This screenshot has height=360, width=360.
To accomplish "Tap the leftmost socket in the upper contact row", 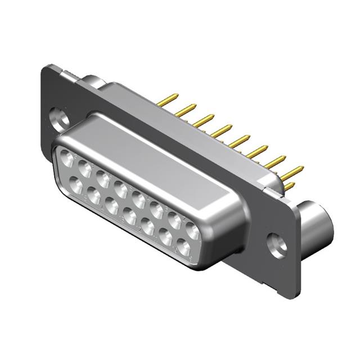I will click(x=67, y=159).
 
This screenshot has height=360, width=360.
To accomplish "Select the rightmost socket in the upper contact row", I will click(x=192, y=230).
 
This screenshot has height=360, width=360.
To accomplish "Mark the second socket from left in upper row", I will click(x=85, y=168).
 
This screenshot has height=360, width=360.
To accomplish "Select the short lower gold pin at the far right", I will click(x=289, y=185).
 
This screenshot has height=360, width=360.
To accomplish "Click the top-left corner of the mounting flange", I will click(x=45, y=69).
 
